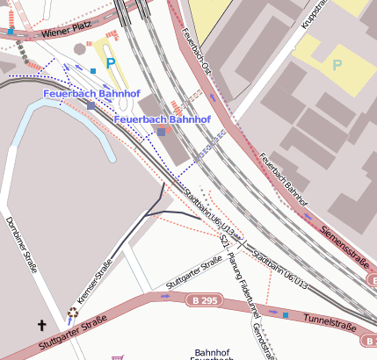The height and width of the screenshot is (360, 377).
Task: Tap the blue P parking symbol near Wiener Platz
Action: pyautogui.click(x=110, y=62)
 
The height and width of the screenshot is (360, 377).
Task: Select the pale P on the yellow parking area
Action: pyautogui.click(x=337, y=65)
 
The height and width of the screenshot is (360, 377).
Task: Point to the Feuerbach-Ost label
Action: pyautogui.click(x=199, y=52)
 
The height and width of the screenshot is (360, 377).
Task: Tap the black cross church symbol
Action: pyautogui.click(x=41, y=326)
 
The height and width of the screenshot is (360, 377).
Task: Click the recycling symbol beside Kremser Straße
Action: pyautogui.click(x=72, y=313)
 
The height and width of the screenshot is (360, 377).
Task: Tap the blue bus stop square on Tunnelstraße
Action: pyautogui.click(x=285, y=314)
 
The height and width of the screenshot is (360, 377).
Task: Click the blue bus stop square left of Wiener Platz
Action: pyautogui.click(x=11, y=32)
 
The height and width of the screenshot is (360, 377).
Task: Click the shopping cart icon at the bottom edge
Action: pyautogui.click(x=117, y=356)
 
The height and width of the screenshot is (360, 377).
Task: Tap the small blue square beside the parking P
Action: pyautogui.click(x=93, y=71)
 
